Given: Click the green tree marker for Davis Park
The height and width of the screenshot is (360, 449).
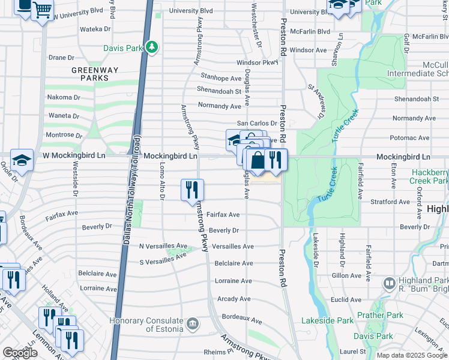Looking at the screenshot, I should tap(152, 47).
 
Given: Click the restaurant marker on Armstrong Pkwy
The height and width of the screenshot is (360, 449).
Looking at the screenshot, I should tap(193, 190).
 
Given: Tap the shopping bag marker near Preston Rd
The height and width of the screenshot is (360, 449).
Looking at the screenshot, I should tap(257, 160).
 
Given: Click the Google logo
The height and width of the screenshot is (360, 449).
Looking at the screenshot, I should tap(19, 353).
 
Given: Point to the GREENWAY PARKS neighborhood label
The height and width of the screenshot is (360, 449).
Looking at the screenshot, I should tap(91, 74).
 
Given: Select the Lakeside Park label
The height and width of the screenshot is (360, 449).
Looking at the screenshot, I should tap(327, 320).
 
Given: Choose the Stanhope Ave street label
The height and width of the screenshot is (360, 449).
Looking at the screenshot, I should tap(221, 78).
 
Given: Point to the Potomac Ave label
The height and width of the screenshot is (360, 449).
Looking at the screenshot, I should tap(409, 138).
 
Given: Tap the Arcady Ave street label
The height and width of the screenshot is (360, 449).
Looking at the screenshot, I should tap(234, 299).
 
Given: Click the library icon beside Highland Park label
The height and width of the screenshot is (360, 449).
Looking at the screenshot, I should tap(390, 282).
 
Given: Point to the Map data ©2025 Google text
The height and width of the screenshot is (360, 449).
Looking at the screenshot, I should tap(411, 355).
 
